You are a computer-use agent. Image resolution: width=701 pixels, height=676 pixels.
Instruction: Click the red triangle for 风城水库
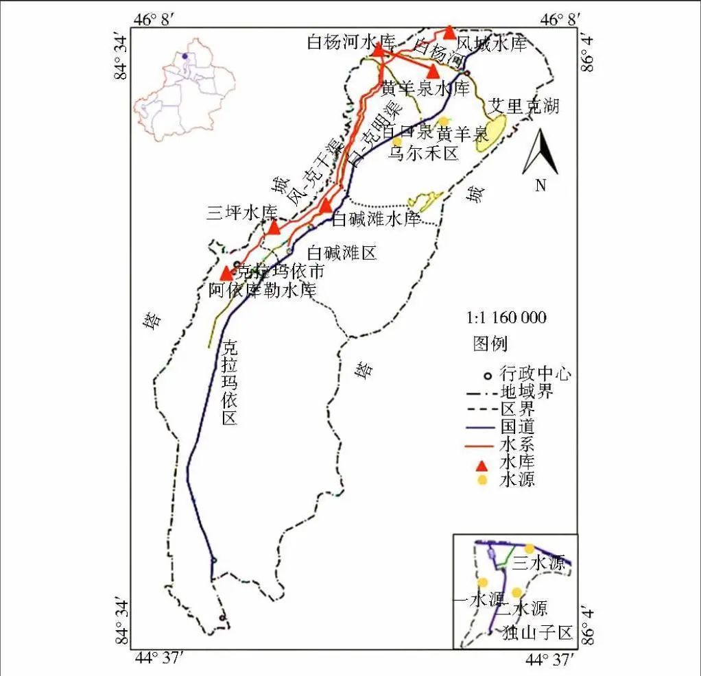point(449,32)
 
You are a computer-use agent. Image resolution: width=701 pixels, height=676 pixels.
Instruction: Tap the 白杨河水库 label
point(351,43)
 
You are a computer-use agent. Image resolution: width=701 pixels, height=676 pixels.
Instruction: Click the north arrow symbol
point(540,154)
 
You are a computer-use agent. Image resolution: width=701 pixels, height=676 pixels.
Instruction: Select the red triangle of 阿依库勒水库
point(226,273)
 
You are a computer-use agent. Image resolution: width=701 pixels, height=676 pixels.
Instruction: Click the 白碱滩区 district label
point(342,252)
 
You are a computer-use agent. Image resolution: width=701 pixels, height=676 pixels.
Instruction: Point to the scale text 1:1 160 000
point(506,317)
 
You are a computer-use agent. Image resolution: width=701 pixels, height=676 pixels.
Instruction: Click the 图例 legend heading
point(490,343)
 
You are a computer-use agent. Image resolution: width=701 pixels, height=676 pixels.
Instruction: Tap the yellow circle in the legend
point(482,480)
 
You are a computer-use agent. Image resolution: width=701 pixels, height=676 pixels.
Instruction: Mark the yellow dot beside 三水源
point(529,548)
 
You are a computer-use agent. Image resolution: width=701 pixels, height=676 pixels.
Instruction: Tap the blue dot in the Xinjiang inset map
point(185,56)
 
